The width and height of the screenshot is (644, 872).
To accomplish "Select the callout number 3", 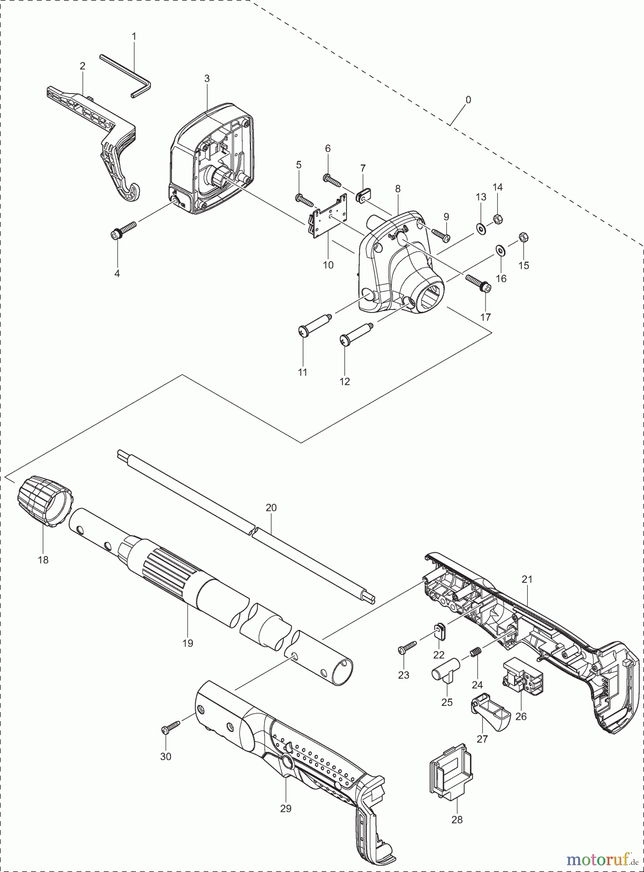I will (x=207, y=78).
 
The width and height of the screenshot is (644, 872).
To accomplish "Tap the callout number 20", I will (x=271, y=508).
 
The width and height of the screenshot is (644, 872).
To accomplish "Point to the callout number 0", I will (x=468, y=100).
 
